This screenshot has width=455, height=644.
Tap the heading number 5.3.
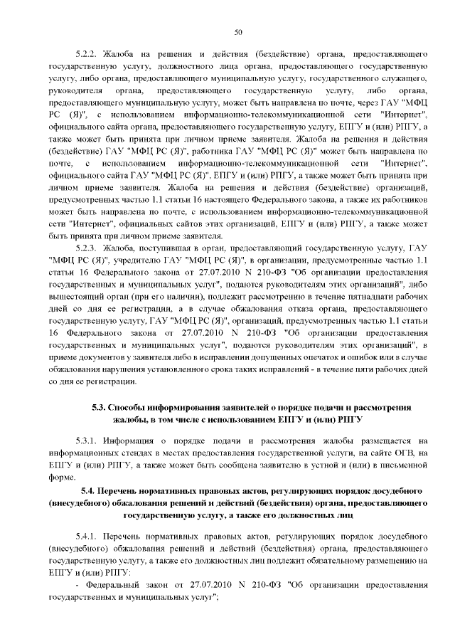tap(102, 407)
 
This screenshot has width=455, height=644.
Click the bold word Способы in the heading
tap(134, 407)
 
